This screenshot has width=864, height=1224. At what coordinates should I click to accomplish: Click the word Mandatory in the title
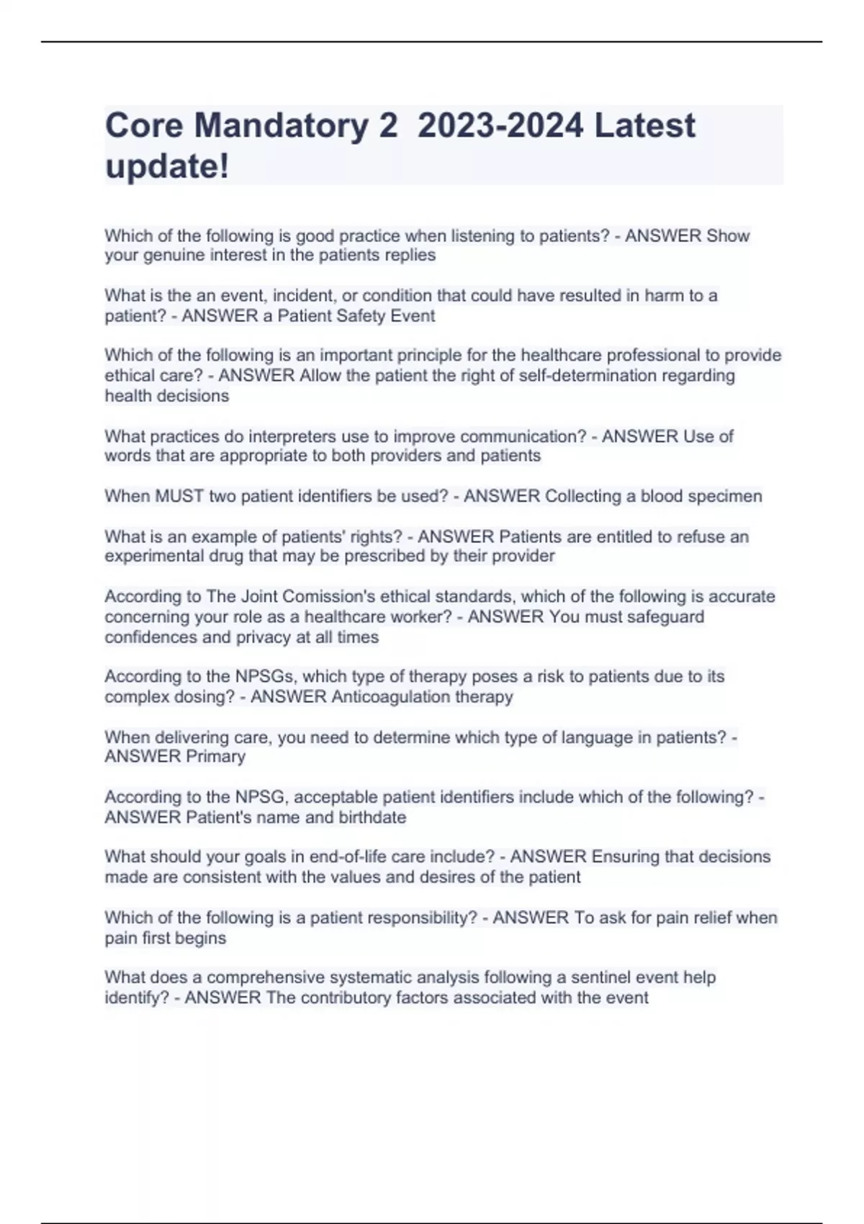(281, 126)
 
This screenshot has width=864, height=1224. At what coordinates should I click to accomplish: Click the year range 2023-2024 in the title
(500, 126)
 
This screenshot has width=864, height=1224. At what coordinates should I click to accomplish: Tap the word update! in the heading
(167, 167)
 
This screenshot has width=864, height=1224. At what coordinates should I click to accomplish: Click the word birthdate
(372, 818)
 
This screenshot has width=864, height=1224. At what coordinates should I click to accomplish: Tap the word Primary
(215, 757)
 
